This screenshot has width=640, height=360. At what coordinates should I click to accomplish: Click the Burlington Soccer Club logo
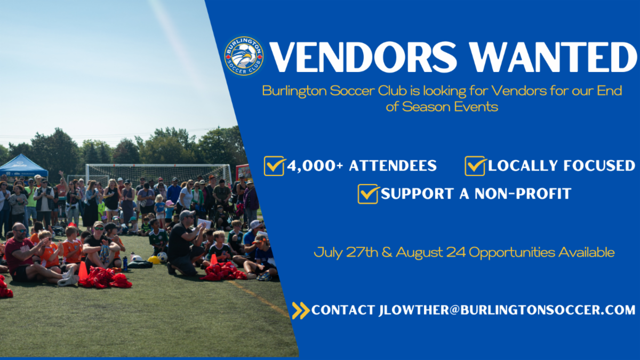(x=244, y=56)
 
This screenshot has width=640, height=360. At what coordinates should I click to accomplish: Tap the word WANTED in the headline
(x=554, y=57)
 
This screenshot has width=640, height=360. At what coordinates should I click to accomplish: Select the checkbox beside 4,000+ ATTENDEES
(x=274, y=166)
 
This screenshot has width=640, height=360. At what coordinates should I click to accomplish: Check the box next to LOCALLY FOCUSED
(x=475, y=166)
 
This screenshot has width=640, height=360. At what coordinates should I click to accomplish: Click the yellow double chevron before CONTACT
(x=301, y=310)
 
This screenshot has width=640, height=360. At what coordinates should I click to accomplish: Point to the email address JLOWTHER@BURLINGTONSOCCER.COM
(x=507, y=310)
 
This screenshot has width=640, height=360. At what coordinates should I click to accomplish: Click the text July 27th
(x=346, y=252)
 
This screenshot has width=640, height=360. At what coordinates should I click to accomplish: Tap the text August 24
(x=430, y=252)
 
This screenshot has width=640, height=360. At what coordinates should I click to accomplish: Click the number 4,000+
(x=315, y=166)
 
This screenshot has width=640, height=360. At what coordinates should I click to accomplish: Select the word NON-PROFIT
(x=523, y=194)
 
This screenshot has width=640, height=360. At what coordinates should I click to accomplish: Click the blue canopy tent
(x=23, y=166)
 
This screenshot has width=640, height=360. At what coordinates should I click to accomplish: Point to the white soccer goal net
(x=159, y=174)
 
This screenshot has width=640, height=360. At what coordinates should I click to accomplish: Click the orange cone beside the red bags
(x=83, y=270)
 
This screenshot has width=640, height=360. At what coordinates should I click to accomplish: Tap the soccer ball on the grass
(x=162, y=257)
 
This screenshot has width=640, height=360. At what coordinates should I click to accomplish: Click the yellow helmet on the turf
(x=154, y=260)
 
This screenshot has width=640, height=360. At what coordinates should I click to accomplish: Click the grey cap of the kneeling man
(x=187, y=214)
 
